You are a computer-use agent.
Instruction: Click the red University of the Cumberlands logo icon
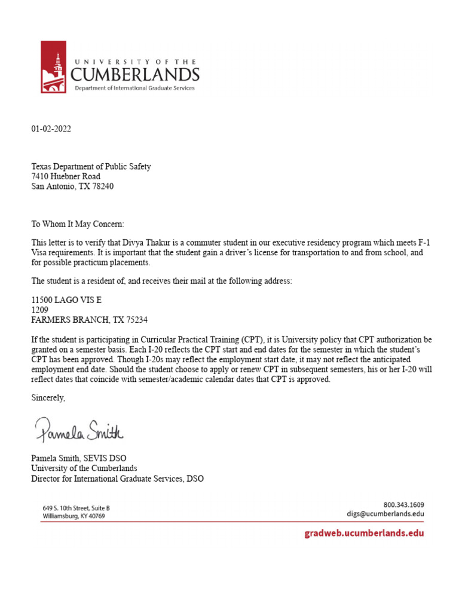point(53,67)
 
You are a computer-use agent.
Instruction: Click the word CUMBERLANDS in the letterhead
point(135,74)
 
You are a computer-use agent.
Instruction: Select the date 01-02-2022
point(51,129)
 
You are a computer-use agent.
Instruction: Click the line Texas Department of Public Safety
point(91,167)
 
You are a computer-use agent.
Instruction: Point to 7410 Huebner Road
point(66,176)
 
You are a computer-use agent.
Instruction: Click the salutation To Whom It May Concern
point(78,224)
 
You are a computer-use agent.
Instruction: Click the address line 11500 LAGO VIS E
point(62,301)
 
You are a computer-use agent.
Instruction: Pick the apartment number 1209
point(39,310)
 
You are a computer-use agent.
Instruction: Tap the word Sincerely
point(48,397)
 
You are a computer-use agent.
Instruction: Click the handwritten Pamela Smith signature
point(79,429)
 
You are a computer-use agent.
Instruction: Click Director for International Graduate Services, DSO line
point(117,478)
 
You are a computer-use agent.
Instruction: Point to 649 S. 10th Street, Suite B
point(76,507)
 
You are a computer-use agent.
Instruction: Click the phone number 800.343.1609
point(403,504)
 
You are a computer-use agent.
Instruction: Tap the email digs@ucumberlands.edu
point(385,513)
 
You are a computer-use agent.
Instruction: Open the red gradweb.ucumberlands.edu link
point(365,533)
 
